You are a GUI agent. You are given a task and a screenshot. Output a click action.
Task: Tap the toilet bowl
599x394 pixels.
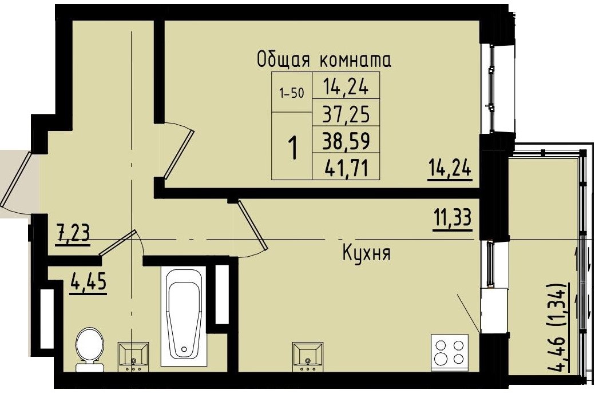coord(89,344)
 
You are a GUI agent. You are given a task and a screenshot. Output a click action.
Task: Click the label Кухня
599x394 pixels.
coord(366,252)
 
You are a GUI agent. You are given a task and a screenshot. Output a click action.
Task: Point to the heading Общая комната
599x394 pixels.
coord(324,60)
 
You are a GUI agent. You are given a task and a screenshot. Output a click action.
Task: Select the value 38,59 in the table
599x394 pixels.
coord(346,140)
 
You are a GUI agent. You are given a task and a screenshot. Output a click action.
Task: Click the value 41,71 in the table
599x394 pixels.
coord(346,167)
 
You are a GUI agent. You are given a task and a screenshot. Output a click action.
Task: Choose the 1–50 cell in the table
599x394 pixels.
coord(292,93)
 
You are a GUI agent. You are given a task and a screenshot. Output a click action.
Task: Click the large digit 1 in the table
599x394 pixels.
coord(292,148)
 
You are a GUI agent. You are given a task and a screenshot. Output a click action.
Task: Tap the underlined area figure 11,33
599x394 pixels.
coord(452,218)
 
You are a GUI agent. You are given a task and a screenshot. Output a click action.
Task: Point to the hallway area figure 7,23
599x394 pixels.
coord(73,234)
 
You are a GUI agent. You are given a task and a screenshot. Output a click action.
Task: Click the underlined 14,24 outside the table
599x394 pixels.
coord(450,169)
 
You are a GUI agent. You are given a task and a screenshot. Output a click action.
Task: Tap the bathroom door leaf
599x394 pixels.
coord(118,244)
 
